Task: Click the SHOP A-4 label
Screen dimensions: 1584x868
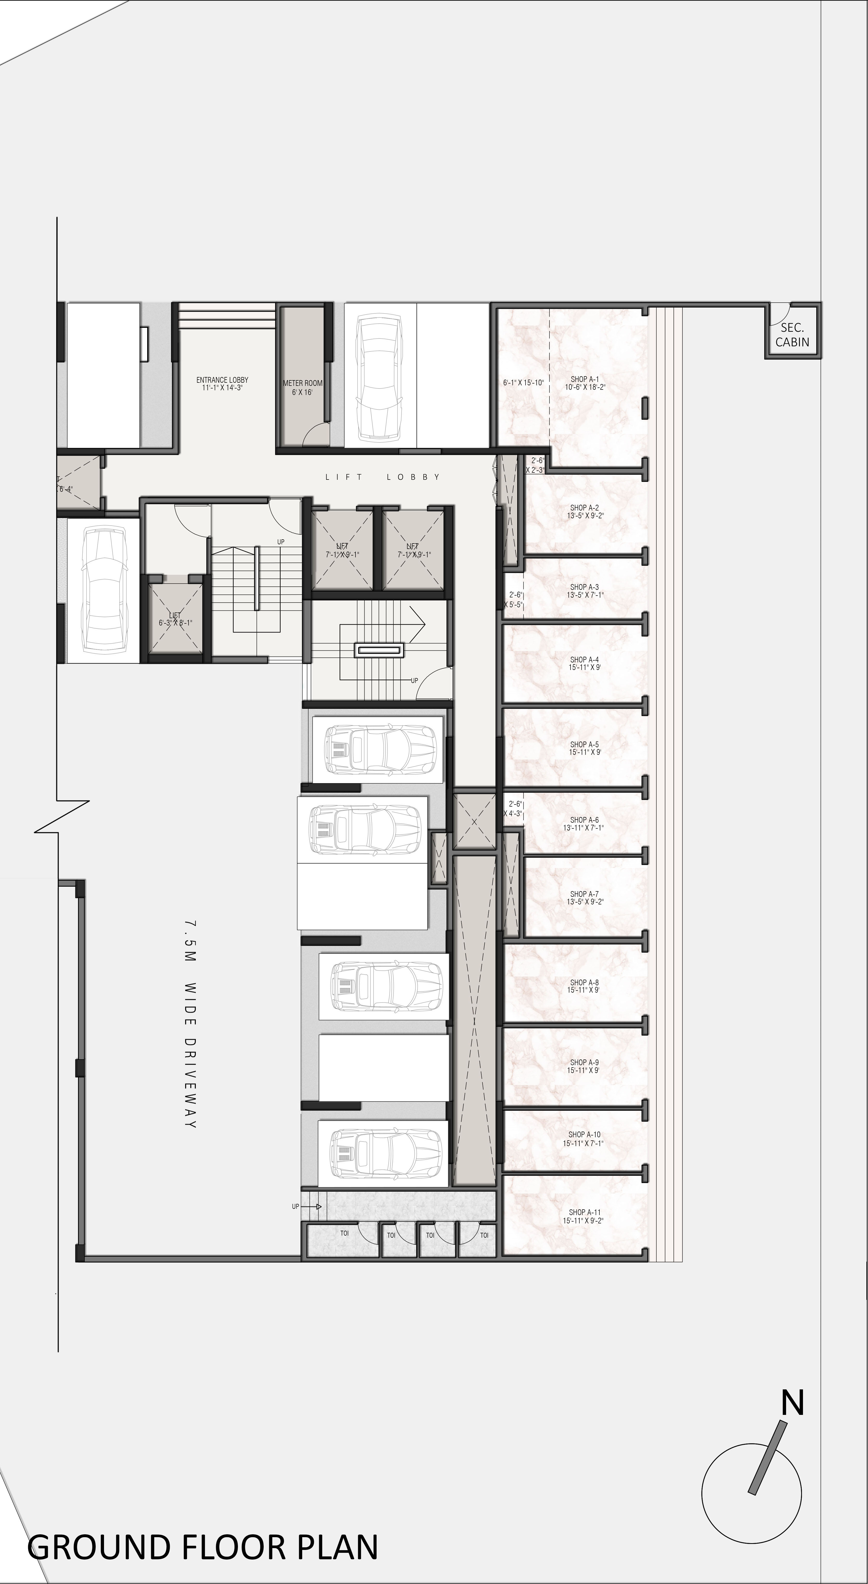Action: click(x=584, y=663)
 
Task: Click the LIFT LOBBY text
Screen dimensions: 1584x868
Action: click(x=382, y=477)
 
